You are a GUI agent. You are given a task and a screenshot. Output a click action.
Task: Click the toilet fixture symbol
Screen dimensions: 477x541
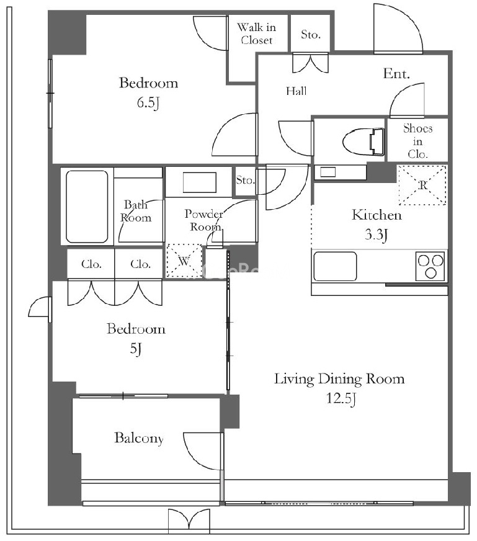364,141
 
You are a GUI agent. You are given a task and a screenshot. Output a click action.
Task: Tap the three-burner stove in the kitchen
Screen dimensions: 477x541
430,266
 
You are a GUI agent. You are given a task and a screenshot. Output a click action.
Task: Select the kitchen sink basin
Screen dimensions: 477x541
334,267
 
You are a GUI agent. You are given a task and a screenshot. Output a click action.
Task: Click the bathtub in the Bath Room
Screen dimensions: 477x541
87,207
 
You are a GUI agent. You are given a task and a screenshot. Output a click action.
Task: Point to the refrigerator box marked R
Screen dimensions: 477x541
422,186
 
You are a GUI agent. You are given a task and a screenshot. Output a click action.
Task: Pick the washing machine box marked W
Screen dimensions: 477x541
184,261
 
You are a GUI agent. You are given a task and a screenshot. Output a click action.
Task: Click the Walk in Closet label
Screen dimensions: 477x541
257,34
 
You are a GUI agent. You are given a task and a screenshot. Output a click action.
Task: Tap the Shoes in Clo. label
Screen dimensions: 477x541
417,141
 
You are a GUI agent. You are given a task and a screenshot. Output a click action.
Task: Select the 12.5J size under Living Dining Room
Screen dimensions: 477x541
341,398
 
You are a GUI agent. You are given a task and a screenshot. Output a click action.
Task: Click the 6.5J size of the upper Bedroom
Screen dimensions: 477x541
148,102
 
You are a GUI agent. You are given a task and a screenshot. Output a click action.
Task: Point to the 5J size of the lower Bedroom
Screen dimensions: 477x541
136,349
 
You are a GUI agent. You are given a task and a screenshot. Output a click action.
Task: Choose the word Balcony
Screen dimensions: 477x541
139,438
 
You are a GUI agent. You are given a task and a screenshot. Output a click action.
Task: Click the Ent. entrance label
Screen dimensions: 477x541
396,73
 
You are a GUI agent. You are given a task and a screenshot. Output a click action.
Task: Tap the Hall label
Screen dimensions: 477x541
296,91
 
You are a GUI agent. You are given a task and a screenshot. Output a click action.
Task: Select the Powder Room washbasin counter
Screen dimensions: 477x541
199,182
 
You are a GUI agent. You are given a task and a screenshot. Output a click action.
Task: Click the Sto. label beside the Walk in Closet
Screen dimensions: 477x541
311,34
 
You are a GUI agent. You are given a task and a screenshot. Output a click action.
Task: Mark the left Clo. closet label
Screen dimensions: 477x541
91,264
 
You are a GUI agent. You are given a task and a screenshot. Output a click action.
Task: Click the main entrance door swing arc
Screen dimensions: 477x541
398,29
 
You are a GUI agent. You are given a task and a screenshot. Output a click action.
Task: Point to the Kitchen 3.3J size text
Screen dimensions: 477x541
377,235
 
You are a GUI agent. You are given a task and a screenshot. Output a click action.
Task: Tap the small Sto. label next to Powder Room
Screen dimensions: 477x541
246,180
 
